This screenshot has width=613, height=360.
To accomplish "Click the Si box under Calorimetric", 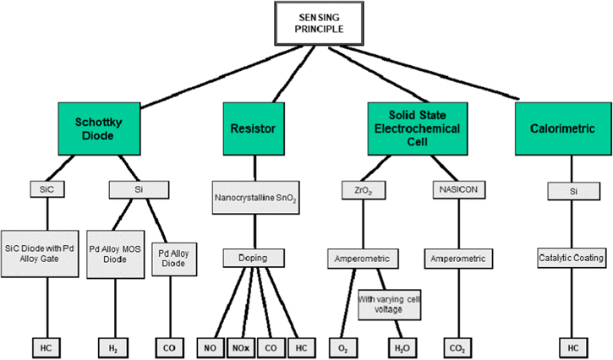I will click(x=573, y=192).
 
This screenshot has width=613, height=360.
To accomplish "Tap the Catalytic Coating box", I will click(x=573, y=257).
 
